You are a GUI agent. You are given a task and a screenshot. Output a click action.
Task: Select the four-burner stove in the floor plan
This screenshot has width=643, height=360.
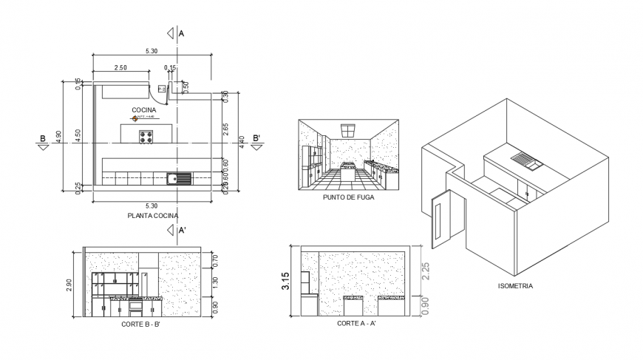click(x=146, y=137)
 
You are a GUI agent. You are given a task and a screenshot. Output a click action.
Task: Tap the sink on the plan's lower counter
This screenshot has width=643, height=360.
click(x=178, y=177)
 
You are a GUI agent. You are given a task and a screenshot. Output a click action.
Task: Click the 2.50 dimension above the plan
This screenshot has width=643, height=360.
click(x=122, y=68)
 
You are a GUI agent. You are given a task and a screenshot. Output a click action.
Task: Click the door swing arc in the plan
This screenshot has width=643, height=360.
click(x=160, y=93)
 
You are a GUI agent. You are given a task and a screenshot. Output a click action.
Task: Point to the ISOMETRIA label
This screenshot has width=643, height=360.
click(x=517, y=285)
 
